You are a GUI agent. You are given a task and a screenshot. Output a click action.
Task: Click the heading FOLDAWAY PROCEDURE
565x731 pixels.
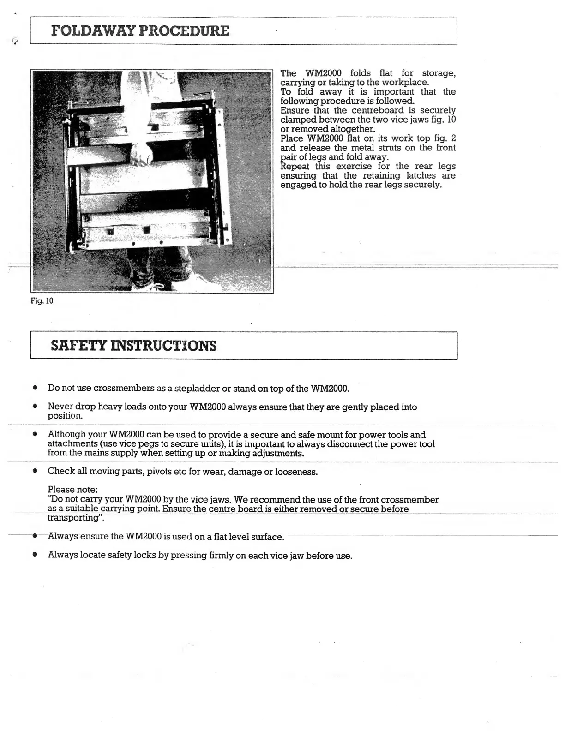(x=140, y=31)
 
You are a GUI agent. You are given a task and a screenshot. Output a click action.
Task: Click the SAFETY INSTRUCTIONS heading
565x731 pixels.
(x=133, y=346)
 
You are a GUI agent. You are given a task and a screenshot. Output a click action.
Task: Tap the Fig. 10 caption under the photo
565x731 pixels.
(x=42, y=301)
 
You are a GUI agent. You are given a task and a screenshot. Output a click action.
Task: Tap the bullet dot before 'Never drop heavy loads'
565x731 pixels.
(x=35, y=407)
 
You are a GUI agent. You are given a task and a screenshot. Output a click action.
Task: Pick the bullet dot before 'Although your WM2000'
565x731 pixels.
(x=35, y=435)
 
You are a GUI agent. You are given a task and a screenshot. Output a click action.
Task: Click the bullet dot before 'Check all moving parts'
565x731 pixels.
(x=35, y=472)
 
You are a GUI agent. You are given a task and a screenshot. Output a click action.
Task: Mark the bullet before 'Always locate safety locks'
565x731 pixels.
(x=35, y=555)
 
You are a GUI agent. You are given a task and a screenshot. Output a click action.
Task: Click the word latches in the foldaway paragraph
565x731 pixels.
(x=421, y=175)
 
